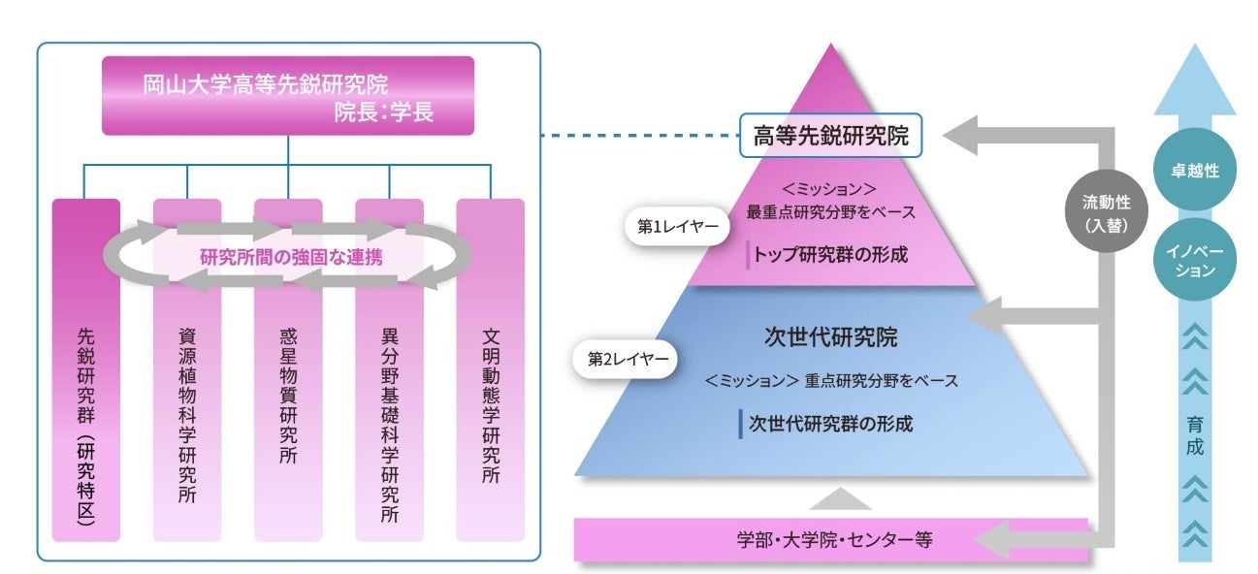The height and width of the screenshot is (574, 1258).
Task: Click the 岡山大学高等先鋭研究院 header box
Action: coord(288,95)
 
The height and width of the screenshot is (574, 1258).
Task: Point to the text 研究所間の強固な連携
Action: coord(290,257)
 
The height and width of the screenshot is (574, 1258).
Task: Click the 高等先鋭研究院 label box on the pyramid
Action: coord(829,137)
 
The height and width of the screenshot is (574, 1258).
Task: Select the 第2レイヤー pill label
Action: coord(628,358)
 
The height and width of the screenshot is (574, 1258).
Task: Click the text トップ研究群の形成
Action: coord(832,256)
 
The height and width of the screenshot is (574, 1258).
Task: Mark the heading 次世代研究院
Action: coord(831,337)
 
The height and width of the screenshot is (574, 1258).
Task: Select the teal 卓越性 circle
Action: coord(1194,171)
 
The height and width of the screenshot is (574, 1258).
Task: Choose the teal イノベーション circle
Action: coord(1194,262)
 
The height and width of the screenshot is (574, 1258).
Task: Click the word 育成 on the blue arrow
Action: coord(1194,436)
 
